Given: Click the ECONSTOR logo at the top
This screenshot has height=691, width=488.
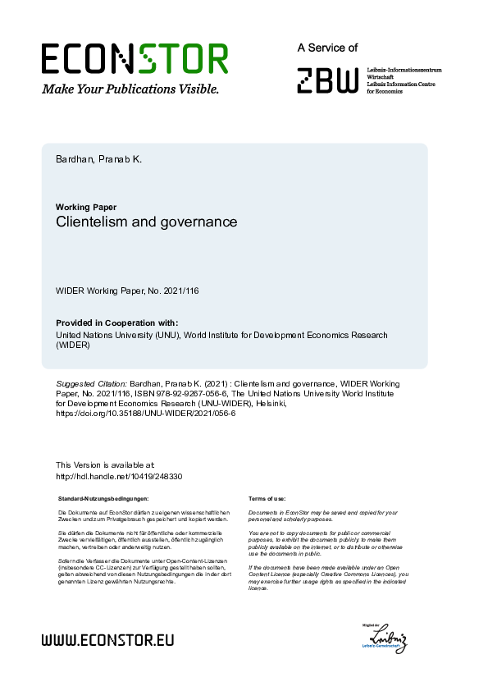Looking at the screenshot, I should [135, 58].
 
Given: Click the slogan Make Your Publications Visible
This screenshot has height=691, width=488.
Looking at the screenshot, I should [130, 88].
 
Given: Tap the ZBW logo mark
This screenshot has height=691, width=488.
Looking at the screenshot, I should [328, 80].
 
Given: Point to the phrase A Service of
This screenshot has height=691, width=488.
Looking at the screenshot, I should [328, 48].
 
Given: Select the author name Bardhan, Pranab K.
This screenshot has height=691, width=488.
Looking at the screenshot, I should [98, 158].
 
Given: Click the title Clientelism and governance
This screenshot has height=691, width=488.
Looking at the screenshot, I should [146, 222].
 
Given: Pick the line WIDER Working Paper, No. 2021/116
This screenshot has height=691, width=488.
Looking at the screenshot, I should [127, 291].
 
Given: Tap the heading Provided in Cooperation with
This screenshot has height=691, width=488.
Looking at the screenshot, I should [117, 323].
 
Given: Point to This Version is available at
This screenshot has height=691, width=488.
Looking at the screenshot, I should [104, 465].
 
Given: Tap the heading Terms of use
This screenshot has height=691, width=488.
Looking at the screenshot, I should [267, 498].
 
